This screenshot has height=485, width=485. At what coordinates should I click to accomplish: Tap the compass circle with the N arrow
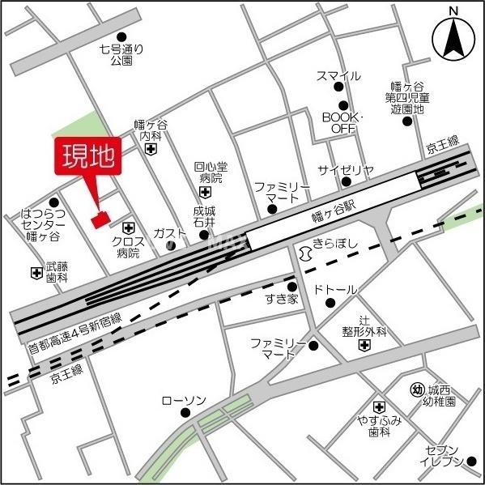point(453,37)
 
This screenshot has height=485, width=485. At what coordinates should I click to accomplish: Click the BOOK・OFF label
point(343,122)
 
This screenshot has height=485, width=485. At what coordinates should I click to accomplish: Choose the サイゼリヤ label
point(346,170)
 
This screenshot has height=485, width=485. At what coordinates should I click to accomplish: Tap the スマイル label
point(338,76)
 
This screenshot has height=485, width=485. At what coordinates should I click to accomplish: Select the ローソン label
point(184,401)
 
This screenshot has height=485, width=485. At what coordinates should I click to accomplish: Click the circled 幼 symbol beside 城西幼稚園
point(417,389)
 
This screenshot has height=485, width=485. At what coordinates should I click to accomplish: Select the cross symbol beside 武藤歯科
point(36,274)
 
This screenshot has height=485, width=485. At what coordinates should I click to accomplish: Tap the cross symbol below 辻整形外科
point(364,346)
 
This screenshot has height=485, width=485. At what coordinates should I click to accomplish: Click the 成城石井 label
point(204,217)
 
